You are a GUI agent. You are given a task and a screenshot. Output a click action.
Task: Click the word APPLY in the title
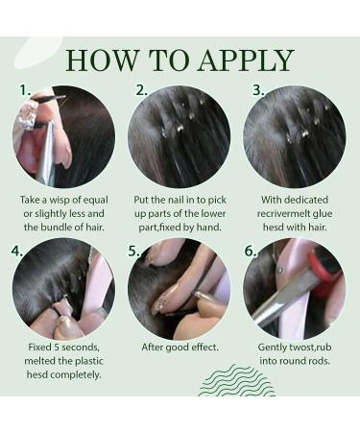click(246, 60)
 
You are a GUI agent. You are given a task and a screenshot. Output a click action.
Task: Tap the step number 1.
click(25, 90)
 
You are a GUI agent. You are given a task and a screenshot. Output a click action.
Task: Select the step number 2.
click(141, 90)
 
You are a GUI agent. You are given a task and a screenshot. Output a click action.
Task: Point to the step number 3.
click(258, 90)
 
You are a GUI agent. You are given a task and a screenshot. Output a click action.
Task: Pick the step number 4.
click(17, 252)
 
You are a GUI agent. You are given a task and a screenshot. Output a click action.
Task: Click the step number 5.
click(133, 252)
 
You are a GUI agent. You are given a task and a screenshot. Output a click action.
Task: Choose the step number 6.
click(251, 252)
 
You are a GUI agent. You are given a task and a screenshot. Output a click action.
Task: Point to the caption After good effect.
click(180, 348)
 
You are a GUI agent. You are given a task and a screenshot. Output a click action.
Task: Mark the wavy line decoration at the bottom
click(237, 380)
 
